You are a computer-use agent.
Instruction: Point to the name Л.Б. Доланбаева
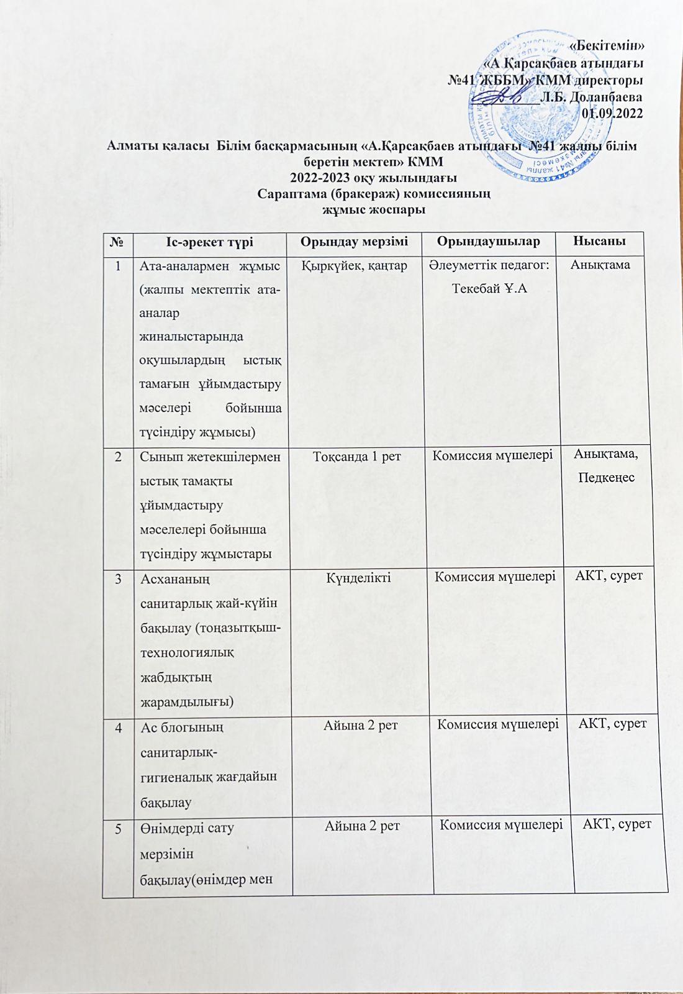pos(590,96)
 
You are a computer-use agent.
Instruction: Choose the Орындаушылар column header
pos(488,241)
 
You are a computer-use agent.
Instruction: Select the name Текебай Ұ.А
pos(489,288)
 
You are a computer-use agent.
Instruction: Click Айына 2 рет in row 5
pos(362,826)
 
